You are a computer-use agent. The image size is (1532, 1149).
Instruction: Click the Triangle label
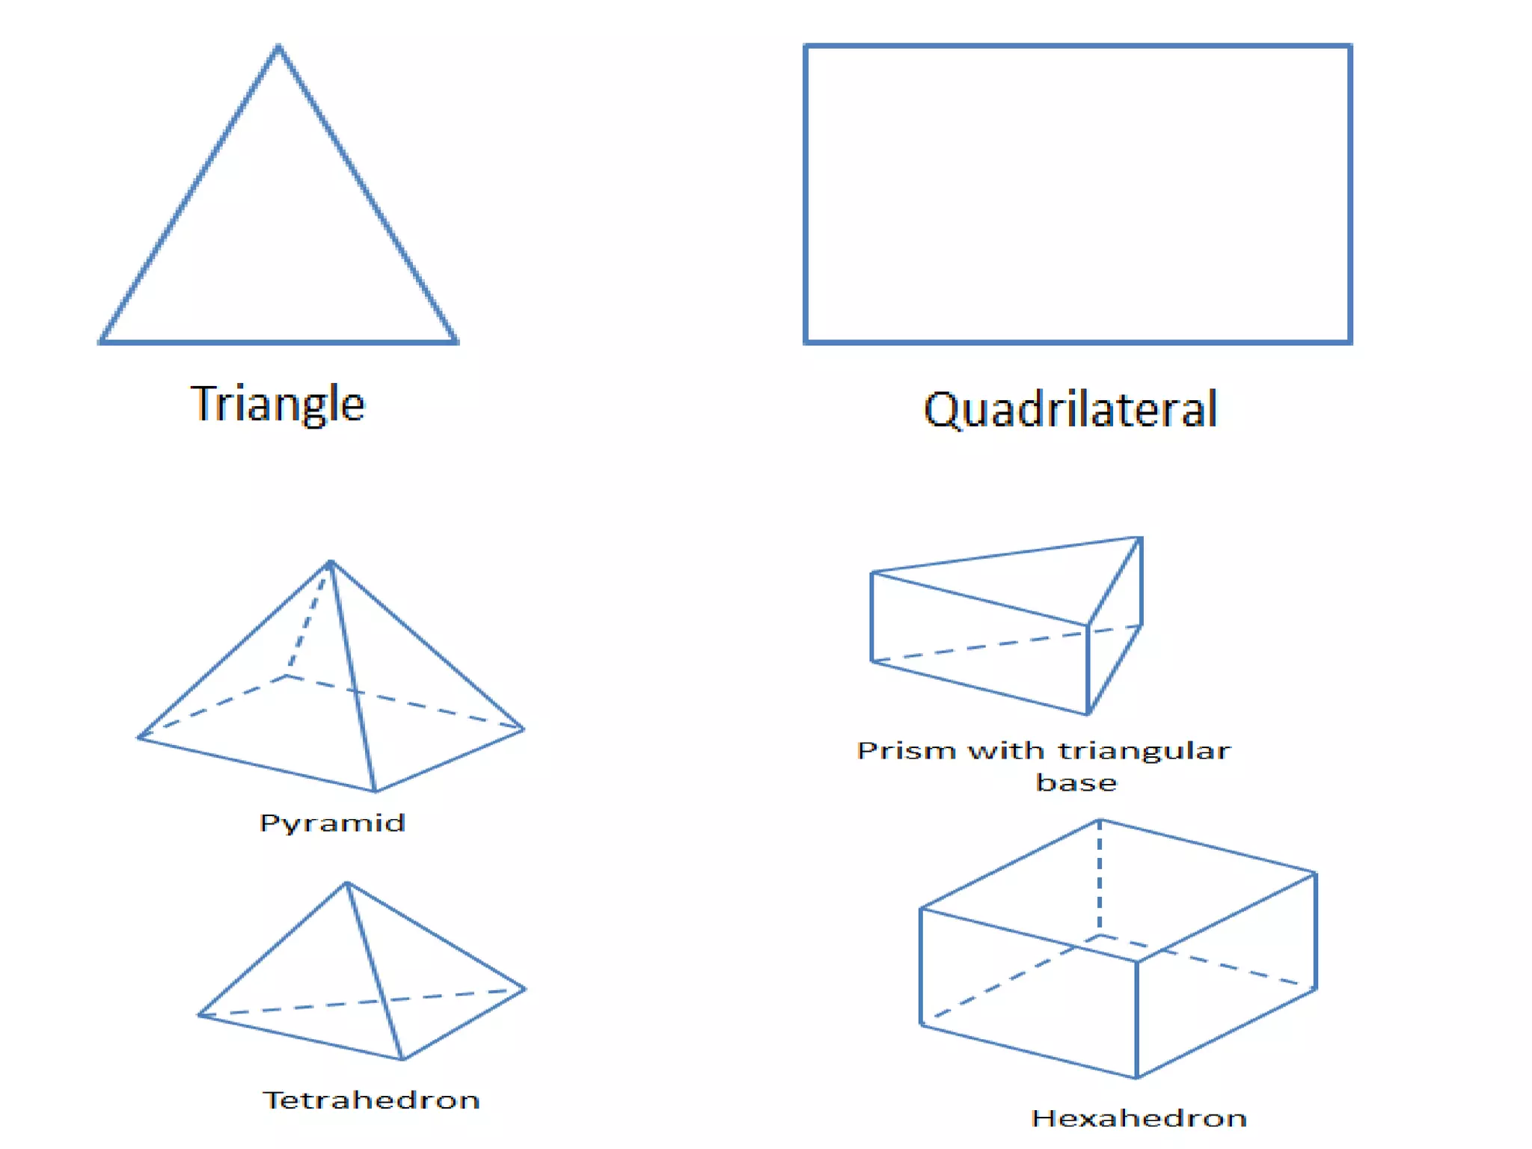278,405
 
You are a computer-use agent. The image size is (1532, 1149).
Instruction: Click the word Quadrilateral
1070,410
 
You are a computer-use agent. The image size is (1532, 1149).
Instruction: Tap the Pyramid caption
332,823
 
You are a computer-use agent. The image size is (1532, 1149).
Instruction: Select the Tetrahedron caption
371,1100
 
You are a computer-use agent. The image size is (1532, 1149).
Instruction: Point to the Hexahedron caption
1139,1118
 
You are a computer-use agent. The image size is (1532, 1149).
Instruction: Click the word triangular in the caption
1144,750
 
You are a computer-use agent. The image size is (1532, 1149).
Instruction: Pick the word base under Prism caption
1076,782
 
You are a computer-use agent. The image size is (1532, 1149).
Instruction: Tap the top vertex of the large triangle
278,48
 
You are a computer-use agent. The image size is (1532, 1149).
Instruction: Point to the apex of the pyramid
331,562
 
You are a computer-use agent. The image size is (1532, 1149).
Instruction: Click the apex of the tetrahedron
346,883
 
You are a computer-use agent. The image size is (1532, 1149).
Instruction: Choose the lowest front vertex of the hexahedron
1136,1076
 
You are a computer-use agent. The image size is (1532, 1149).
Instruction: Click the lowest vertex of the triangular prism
1088,714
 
